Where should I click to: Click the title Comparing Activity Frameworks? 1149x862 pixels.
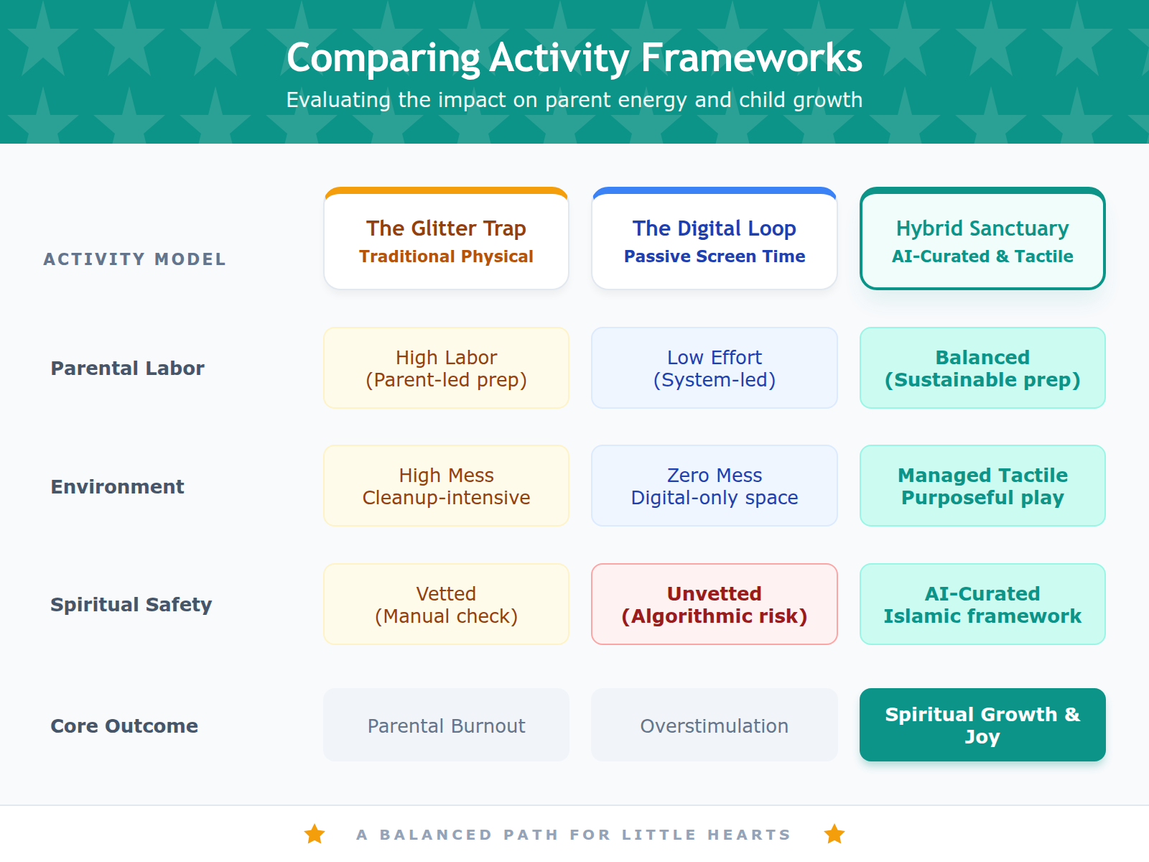point(574,57)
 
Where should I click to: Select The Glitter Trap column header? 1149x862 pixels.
point(446,240)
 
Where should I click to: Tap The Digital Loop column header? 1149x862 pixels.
point(714,240)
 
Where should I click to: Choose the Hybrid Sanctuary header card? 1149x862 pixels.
point(982,240)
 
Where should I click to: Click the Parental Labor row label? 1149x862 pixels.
point(127,369)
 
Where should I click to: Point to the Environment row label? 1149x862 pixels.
point(117,487)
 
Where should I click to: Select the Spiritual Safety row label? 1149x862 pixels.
point(131,605)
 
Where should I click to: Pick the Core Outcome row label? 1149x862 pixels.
point(124,726)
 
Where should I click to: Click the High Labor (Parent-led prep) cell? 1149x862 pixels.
point(446,369)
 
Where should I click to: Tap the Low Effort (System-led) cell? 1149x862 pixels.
point(714,369)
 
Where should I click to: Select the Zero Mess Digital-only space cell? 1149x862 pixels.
point(714,486)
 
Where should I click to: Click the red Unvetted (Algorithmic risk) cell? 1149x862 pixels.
point(714,605)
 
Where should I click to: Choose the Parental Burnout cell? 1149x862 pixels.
point(446,726)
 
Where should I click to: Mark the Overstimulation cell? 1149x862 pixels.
point(714,726)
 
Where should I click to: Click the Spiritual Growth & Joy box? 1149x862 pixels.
point(982,726)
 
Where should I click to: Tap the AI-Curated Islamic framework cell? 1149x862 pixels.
point(982,605)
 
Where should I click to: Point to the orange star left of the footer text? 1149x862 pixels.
point(315,834)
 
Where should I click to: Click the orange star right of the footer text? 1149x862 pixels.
point(834,834)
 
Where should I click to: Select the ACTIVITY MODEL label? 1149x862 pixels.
point(134,259)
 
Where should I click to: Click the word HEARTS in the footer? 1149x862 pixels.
point(748,835)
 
